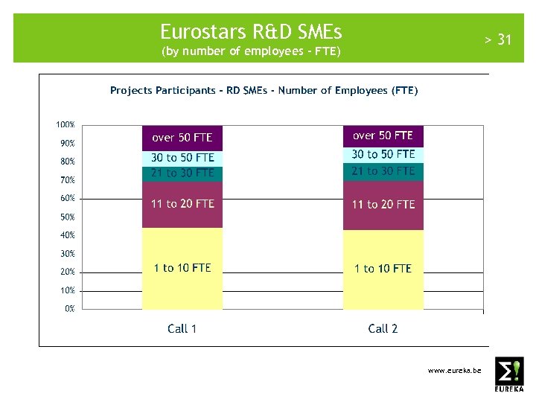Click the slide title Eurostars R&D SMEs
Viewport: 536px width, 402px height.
pos(251,32)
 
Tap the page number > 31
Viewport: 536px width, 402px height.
pos(498,39)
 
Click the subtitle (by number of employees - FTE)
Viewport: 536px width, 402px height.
pos(251,52)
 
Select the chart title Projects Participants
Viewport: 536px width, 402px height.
pos(264,90)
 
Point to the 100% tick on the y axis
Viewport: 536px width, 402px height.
pos(65,124)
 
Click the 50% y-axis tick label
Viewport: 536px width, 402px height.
pos(67,217)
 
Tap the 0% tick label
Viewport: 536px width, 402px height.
pos(69,309)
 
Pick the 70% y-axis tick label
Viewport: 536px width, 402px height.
pos(67,180)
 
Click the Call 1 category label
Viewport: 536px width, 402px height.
pos(182,328)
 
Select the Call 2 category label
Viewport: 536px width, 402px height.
pos(383,328)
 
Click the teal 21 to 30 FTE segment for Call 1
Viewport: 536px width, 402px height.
pos(182,173)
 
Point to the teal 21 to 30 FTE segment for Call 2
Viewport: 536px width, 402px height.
pos(383,171)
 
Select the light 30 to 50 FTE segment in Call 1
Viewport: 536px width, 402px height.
pos(182,158)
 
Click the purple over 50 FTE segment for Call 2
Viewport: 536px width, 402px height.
pos(383,135)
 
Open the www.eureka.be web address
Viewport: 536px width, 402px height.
pos(454,370)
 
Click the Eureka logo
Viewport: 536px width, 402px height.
pos(509,374)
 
